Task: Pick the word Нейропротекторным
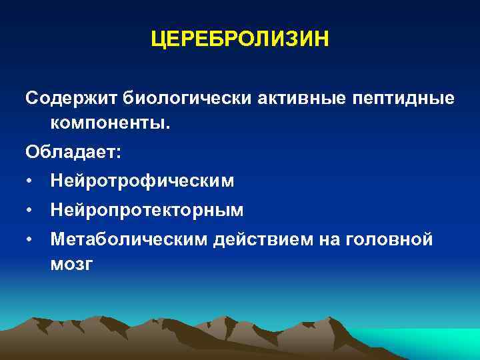[147, 211]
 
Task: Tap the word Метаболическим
[129, 239]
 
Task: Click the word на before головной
[327, 239]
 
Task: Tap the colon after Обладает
[119, 153]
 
